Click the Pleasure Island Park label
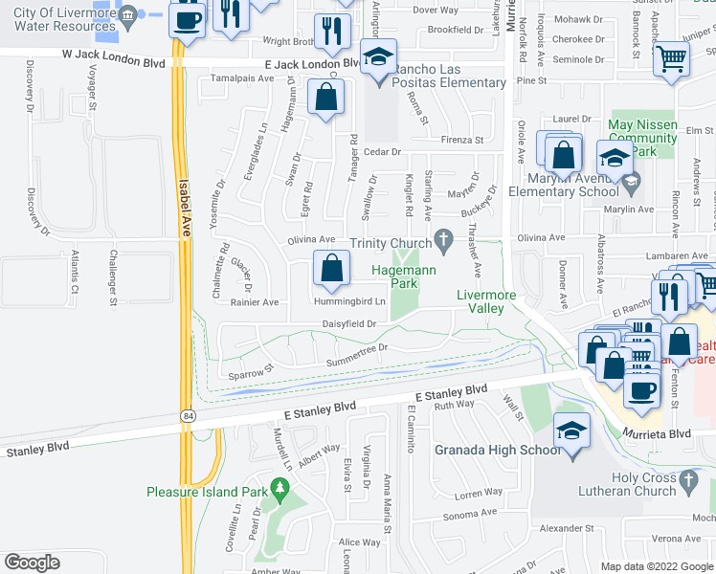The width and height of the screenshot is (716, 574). [205, 492]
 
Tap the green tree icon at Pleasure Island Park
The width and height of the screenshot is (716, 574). [280, 492]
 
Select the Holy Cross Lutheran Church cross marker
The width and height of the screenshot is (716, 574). [688, 477]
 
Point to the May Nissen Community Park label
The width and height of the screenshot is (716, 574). [642, 138]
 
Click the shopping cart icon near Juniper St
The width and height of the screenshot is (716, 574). [671, 58]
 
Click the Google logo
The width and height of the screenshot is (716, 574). [33, 563]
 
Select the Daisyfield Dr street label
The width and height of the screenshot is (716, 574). [348, 324]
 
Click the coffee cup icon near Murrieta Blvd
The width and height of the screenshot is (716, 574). [642, 388]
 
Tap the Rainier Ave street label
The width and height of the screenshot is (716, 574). [254, 302]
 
